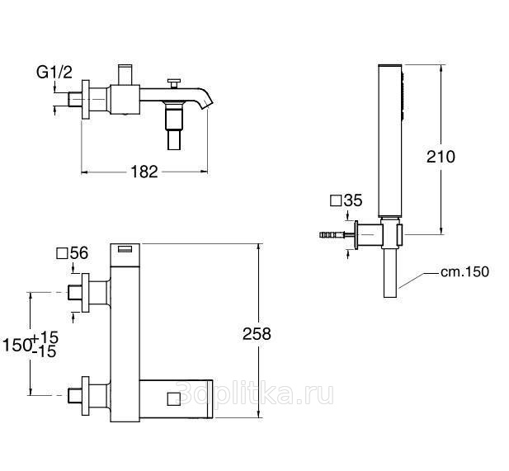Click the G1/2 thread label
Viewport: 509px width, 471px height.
click(54, 73)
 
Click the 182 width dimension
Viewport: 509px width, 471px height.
click(144, 172)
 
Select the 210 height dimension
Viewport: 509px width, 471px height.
click(441, 157)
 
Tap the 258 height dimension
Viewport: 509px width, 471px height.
click(257, 334)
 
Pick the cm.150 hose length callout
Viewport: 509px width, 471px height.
click(464, 272)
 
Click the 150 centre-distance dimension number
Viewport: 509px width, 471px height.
click(17, 345)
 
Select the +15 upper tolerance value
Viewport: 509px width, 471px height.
click(45, 337)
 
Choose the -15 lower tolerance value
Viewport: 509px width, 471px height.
click(45, 351)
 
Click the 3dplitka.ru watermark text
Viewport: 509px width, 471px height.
click(255, 393)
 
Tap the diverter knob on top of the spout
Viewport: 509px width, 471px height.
click(174, 83)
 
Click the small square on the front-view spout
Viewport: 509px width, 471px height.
click(174, 399)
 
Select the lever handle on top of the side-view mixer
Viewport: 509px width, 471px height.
click(125, 75)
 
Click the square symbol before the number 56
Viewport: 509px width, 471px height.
click(62, 253)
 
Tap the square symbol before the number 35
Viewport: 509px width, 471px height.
click(336, 200)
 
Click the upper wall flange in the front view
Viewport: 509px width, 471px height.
click(85, 293)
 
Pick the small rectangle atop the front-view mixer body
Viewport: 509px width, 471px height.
click(125, 249)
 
